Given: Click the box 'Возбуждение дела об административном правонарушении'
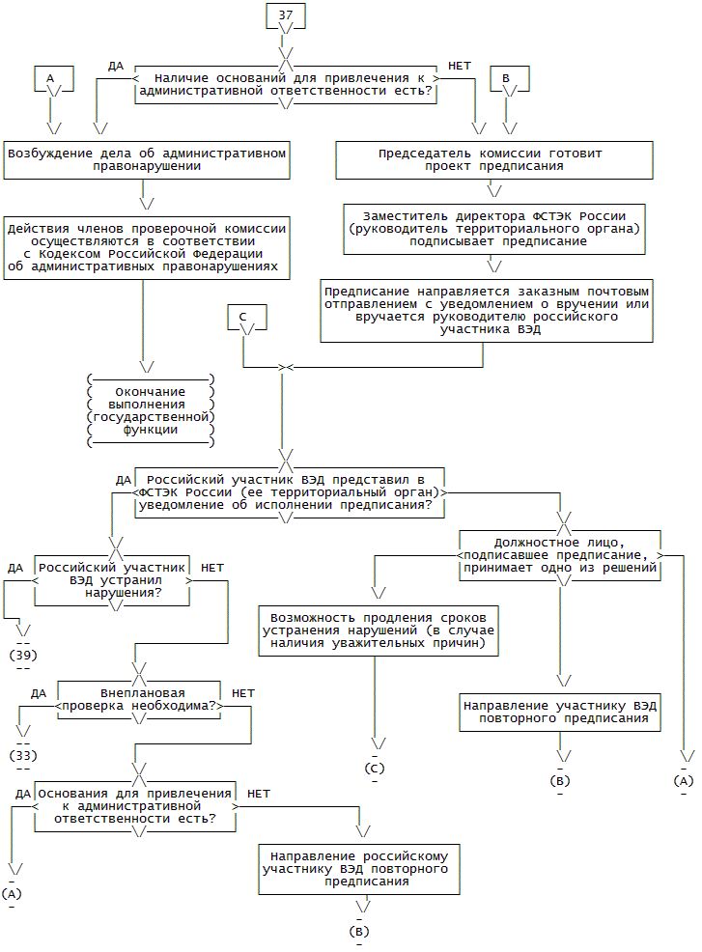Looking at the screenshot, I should (147, 159).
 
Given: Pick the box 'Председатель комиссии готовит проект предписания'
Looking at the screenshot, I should (491, 159).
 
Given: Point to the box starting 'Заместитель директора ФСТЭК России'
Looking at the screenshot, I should (494, 228).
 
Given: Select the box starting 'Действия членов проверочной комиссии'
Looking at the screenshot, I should (147, 247).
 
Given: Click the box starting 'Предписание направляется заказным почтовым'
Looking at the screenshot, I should (487, 310).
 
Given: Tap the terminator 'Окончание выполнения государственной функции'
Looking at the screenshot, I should (150, 410).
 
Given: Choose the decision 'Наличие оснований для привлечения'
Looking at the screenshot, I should (286, 85).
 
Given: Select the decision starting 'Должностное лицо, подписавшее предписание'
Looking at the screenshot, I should (560, 555).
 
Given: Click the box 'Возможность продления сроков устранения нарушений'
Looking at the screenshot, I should (379, 630).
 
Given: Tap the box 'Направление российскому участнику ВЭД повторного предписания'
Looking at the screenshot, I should (359, 868).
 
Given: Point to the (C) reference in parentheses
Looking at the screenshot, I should (375, 769).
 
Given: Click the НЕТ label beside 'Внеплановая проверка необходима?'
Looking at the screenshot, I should (243, 693).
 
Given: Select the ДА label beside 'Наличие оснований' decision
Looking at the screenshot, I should (116, 66).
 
